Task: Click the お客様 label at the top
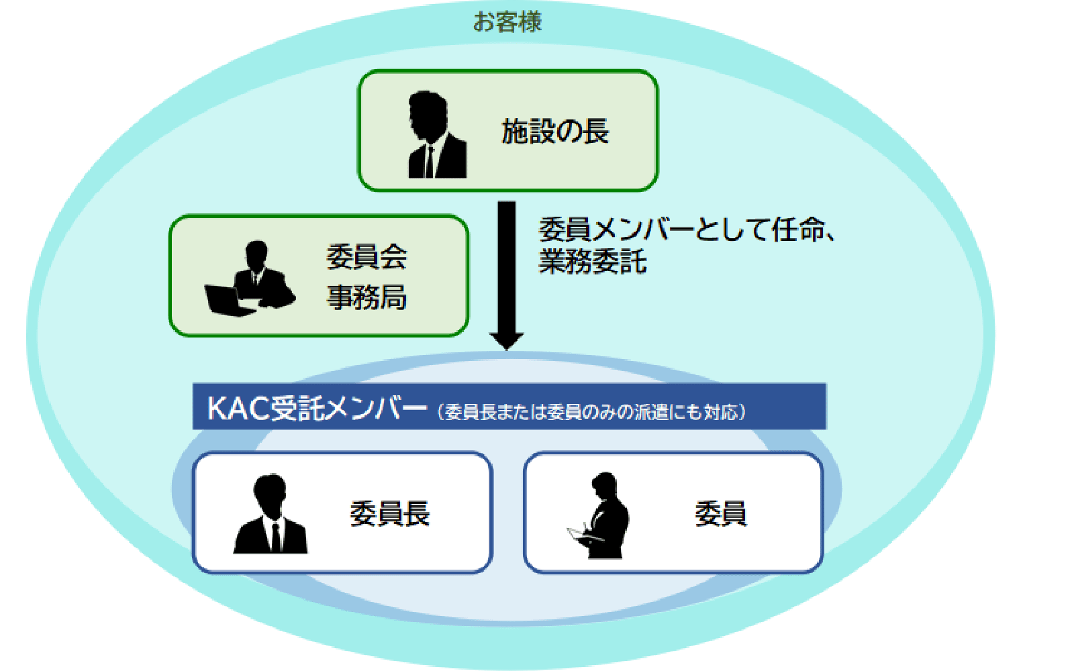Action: point(507,22)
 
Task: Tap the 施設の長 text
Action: point(555,132)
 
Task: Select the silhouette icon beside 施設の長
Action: point(437,135)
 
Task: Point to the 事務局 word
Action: point(367,297)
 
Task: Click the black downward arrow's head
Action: point(506,342)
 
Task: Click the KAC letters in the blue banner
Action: point(238,409)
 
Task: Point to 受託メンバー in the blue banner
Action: point(348,409)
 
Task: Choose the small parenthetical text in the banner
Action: point(591,412)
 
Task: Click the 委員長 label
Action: point(390,513)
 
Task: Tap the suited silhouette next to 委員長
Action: point(271,514)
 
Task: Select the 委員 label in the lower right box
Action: point(721,513)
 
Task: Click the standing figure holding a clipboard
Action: point(599,515)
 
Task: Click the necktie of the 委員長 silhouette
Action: point(276,537)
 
